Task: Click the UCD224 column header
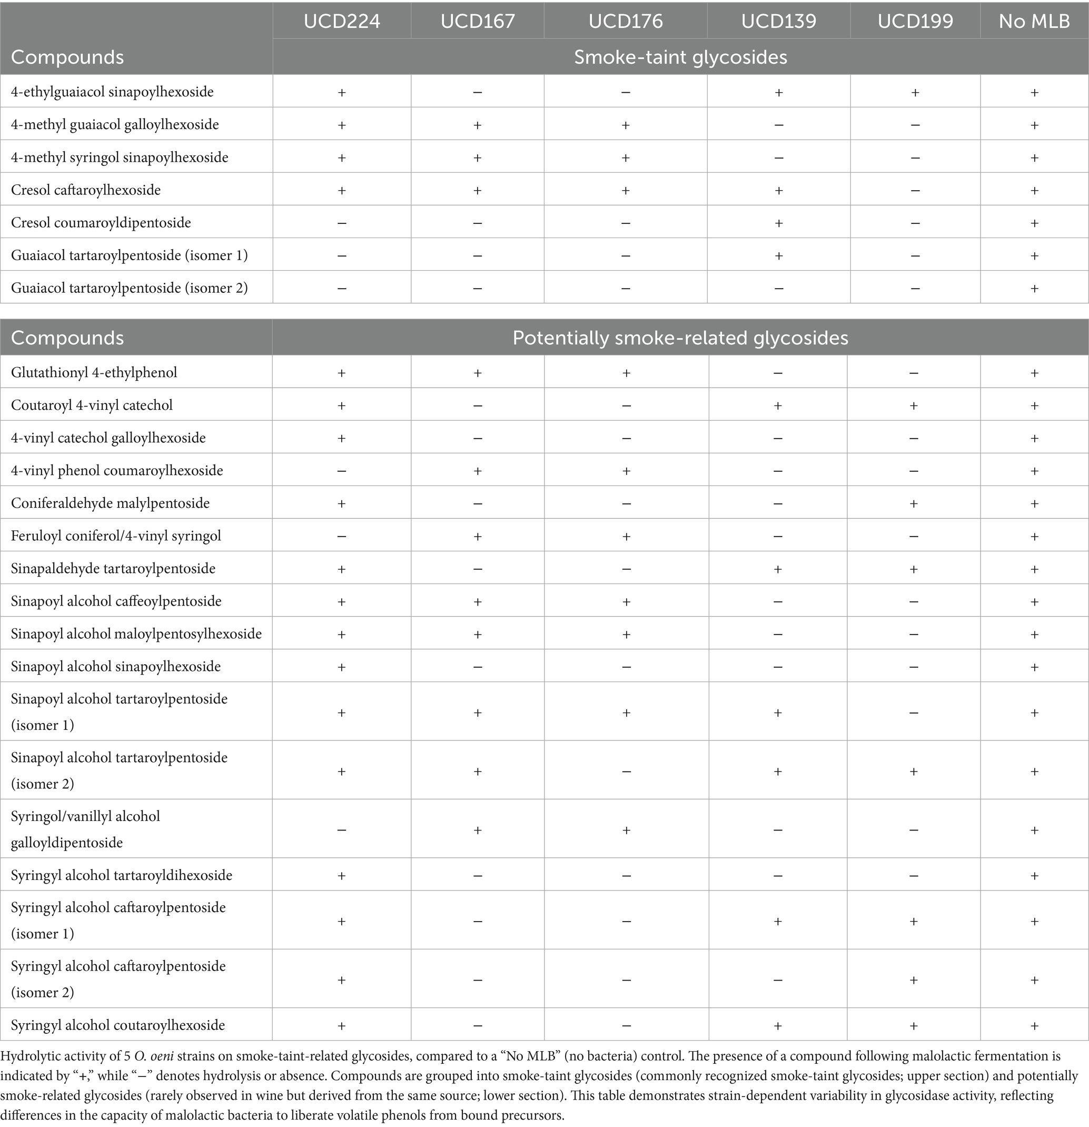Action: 342,21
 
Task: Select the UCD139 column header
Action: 778,21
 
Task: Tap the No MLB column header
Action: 1034,21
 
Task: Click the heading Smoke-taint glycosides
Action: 680,57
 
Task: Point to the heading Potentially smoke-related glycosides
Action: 680,338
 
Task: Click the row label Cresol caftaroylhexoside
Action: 86,190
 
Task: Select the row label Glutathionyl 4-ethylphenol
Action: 94,373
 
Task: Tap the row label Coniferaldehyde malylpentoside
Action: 111,503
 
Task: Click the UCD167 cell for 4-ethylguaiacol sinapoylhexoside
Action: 477,92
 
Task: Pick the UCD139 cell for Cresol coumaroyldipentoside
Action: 778,223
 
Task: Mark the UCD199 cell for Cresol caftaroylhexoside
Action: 915,190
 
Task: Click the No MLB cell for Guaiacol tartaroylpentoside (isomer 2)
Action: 1034,288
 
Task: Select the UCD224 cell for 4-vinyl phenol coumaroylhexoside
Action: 342,471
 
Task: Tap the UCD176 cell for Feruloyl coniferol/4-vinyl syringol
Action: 626,536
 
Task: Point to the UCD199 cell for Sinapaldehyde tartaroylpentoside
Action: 913,569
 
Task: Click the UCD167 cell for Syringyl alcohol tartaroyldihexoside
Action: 477,876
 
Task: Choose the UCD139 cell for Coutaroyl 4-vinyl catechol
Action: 777,406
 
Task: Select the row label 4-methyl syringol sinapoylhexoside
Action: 120,157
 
